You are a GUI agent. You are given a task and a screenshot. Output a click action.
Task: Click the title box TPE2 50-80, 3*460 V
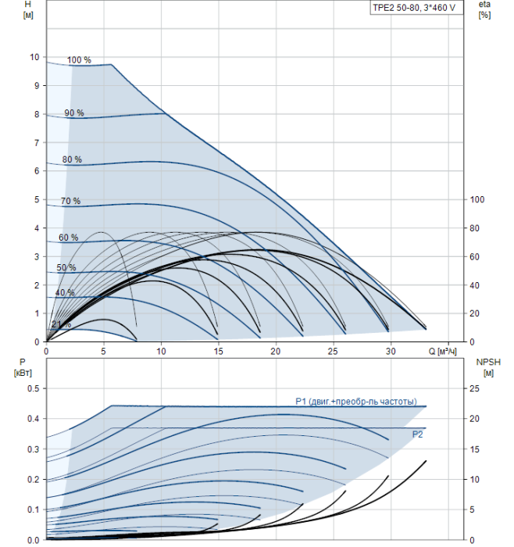416,8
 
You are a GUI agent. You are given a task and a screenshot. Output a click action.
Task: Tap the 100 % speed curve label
79,60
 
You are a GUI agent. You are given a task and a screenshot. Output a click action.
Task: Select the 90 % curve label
74,113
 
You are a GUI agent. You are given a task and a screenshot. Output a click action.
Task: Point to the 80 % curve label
72,159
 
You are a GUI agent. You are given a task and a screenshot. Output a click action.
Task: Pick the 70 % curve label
71,201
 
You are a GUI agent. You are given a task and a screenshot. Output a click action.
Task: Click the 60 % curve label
68,238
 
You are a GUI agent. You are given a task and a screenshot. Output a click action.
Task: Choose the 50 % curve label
66,267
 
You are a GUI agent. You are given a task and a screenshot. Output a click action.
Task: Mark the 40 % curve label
65,292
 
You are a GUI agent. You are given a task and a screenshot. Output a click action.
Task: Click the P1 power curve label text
356,402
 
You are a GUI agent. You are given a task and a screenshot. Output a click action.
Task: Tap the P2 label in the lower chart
417,434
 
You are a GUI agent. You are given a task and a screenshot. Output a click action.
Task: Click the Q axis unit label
442,352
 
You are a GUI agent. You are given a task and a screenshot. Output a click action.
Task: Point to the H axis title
28,9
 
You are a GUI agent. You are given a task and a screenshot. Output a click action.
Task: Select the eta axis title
485,9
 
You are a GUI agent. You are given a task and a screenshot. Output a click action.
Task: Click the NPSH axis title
488,367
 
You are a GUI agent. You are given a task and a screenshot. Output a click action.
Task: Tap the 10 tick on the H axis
34,57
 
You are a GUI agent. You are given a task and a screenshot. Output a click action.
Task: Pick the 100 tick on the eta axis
477,199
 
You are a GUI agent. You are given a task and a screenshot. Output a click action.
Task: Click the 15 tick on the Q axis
218,352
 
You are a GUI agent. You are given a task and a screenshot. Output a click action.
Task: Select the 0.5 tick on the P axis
34,388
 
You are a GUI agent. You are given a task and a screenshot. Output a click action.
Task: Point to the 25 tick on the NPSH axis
475,388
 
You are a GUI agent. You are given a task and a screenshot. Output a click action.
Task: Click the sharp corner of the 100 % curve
111,64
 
